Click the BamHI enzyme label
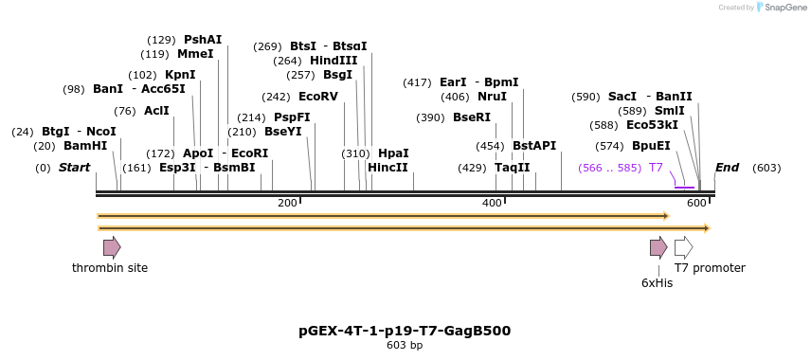tap(85, 146)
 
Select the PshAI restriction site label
tap(203, 40)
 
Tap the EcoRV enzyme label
tap(317, 97)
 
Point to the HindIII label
tap(333, 61)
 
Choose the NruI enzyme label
tap(492, 97)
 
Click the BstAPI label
tap(534, 146)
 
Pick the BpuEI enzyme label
tap(651, 146)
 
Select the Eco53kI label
tap(652, 125)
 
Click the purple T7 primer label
tap(656, 168)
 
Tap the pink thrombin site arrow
tap(112, 248)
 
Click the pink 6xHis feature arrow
tap(658, 248)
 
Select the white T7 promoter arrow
tap(683, 248)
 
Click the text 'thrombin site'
tap(110, 268)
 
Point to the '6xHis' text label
tap(657, 283)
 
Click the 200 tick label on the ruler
tap(287, 204)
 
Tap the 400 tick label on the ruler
tap(492, 204)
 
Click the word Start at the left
tap(74, 168)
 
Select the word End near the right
tap(727, 168)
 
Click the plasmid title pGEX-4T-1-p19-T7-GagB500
tap(405, 331)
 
